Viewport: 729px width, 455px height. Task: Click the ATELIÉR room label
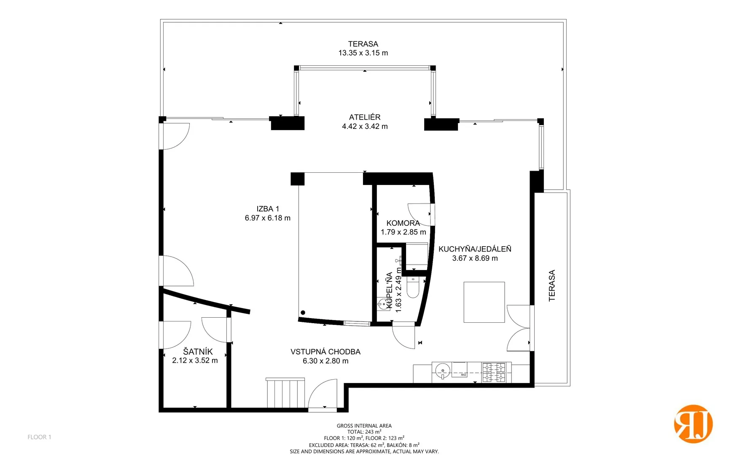point(365,117)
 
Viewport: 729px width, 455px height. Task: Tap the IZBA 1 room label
point(268,209)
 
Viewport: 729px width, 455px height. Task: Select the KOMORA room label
point(403,223)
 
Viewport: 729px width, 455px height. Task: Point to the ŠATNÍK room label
point(198,351)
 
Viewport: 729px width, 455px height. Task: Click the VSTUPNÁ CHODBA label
point(325,351)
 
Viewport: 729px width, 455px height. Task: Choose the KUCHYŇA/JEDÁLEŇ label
point(475,249)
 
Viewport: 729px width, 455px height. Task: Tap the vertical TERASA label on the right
point(552,286)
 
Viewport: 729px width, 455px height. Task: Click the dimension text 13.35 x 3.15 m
point(363,53)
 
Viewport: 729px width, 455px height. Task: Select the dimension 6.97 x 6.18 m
point(268,218)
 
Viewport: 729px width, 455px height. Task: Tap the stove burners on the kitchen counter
point(494,372)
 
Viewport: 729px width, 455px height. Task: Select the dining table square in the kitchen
point(484,302)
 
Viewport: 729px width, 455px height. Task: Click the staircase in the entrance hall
point(285,393)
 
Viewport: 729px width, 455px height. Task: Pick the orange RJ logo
point(693,424)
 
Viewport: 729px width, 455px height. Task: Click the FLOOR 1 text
point(39,437)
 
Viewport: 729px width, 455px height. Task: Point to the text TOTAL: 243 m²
point(364,432)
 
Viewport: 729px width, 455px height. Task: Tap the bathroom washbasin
point(383,304)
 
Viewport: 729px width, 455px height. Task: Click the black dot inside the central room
point(303,312)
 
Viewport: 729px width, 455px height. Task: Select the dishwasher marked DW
point(459,369)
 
